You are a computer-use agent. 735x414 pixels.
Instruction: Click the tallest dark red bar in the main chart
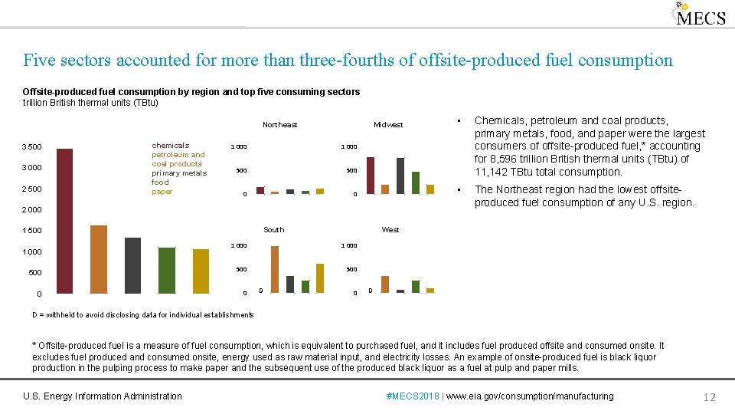(x=64, y=221)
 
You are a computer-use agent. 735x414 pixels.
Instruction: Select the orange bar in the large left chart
(x=98, y=259)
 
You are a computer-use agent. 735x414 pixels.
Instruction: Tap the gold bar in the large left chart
(x=201, y=271)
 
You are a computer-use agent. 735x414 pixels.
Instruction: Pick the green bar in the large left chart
(x=166, y=270)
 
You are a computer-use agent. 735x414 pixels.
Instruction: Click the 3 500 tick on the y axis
(x=31, y=147)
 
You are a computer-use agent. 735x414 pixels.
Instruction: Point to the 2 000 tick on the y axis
(x=31, y=210)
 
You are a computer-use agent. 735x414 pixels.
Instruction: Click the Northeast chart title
(x=279, y=125)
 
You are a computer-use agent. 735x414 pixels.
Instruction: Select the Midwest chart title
(x=387, y=125)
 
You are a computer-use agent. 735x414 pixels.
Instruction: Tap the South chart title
(x=273, y=230)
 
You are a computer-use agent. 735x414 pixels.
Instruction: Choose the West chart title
(x=390, y=230)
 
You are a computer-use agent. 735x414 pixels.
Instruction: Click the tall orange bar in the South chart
(x=275, y=269)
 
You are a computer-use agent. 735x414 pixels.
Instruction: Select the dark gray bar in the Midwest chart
(x=400, y=176)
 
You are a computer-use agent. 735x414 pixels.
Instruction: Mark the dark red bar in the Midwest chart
(x=371, y=176)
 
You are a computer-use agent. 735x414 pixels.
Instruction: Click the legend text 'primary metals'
(x=178, y=173)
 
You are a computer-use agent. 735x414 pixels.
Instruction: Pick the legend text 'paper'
(x=162, y=192)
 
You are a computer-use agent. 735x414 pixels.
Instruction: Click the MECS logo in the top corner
(x=698, y=15)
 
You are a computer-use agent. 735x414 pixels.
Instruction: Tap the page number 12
(x=709, y=396)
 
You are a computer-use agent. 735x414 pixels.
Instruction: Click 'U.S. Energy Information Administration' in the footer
(x=103, y=396)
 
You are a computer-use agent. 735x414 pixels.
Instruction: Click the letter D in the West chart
(x=371, y=291)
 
